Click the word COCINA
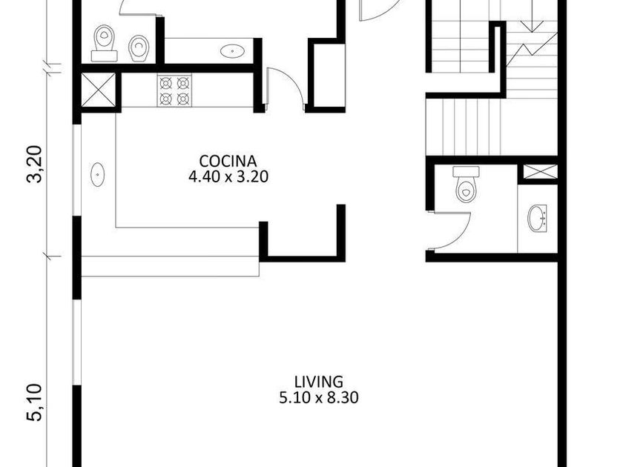[228, 162]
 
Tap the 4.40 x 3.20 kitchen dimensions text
[228, 176]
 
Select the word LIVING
[319, 382]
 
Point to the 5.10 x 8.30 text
[319, 397]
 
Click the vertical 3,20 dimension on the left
[35, 164]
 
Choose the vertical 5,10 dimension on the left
[35, 403]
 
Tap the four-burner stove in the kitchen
[174, 90]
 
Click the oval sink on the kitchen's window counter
[98, 174]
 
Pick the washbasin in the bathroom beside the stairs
[537, 218]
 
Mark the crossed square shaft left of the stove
[98, 90]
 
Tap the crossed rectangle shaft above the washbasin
[538, 171]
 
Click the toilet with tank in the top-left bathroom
[104, 43]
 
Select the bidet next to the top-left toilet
[139, 48]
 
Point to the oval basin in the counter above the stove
[232, 51]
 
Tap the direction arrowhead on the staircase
[532, 25]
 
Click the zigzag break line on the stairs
[532, 50]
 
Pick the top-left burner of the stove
[166, 83]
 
